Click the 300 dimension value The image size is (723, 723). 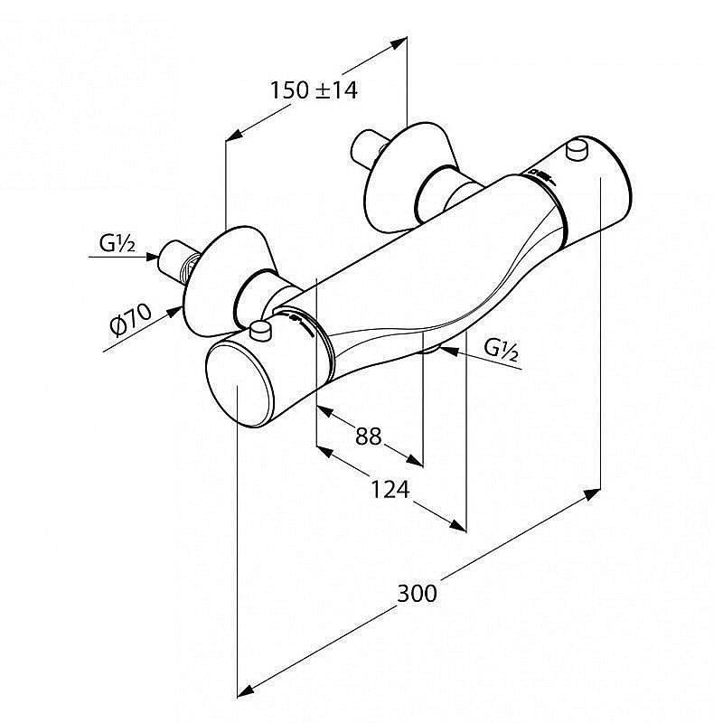(x=417, y=593)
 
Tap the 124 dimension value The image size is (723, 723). (x=391, y=490)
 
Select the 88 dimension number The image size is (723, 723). (x=368, y=437)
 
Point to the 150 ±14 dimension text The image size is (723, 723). (x=315, y=89)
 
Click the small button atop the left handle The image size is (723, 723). (x=261, y=330)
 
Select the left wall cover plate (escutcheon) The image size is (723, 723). (x=217, y=275)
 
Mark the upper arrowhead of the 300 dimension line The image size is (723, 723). (x=591, y=493)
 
